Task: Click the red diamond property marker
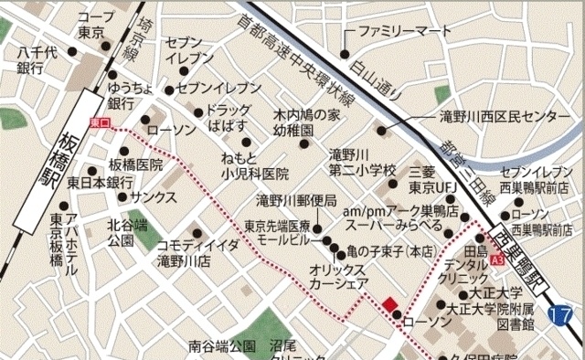(x=389, y=305)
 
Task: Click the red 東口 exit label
(x=101, y=122)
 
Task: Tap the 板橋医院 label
(x=135, y=164)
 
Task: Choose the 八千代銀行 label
(x=30, y=61)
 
